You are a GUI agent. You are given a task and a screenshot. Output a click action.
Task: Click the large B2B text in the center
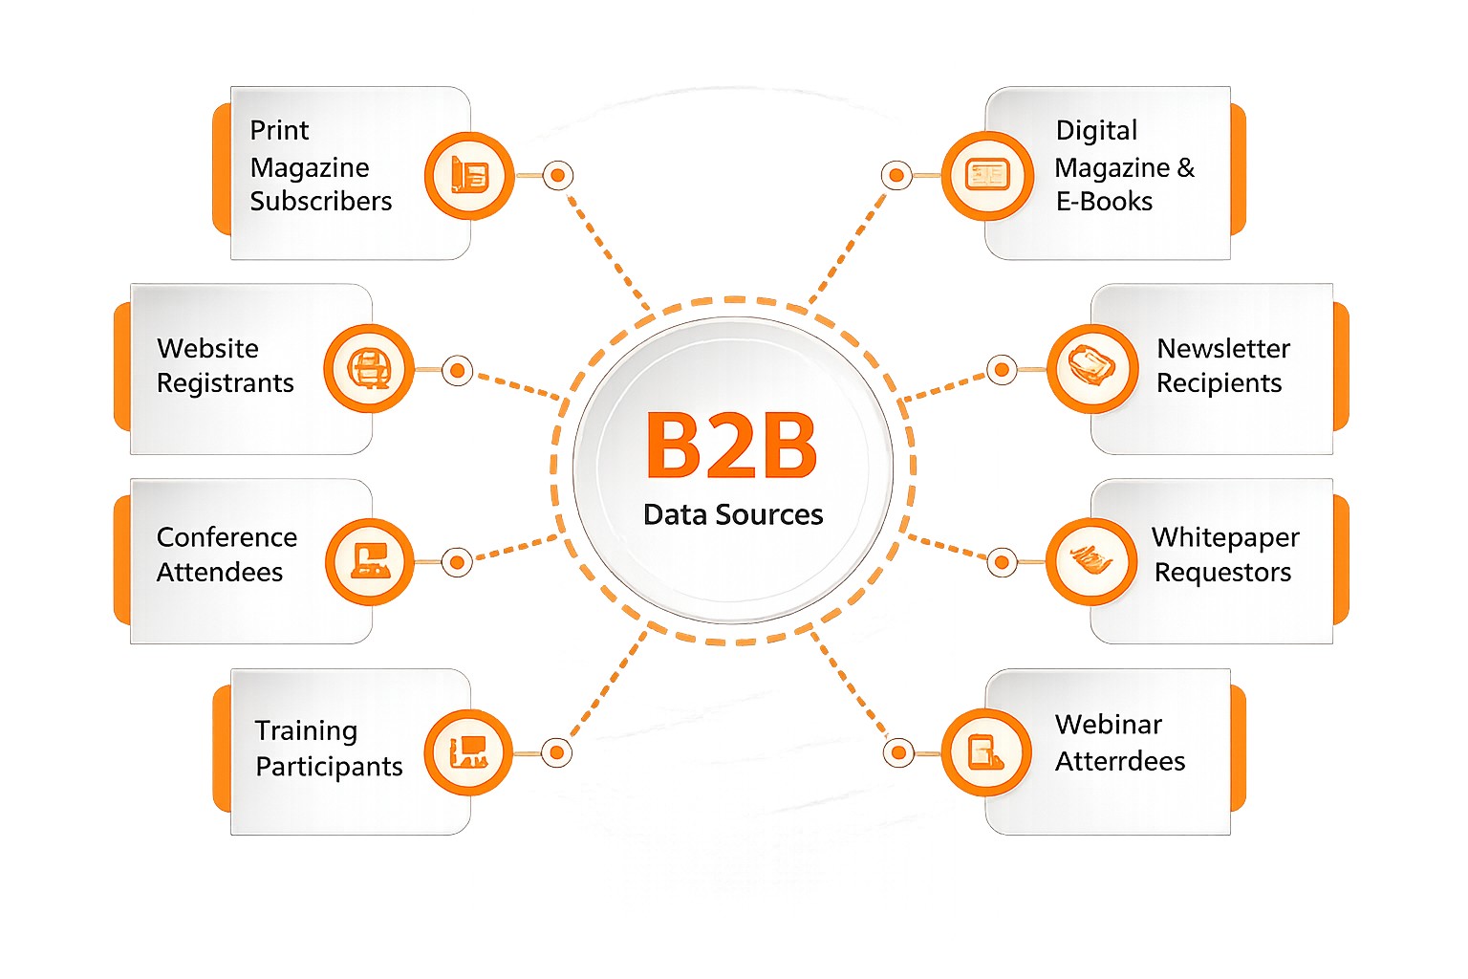(731, 446)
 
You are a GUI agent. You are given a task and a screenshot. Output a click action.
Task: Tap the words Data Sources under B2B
(733, 514)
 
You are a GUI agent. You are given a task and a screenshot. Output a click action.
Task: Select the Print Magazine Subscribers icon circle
(469, 176)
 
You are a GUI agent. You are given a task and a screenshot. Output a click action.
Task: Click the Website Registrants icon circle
(369, 369)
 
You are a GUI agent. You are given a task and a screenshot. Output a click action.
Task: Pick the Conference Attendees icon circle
(370, 561)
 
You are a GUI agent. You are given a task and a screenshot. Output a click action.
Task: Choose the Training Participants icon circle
(468, 752)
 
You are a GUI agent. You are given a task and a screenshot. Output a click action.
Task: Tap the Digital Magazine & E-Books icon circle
(986, 176)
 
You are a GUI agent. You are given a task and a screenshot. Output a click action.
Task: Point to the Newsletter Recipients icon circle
(1091, 369)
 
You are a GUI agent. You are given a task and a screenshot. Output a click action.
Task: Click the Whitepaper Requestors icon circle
(1091, 561)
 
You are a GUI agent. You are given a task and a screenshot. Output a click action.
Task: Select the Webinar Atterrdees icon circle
(986, 752)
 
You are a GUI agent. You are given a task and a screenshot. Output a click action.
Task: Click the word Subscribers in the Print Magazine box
(321, 201)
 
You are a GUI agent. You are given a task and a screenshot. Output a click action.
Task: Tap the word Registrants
(226, 382)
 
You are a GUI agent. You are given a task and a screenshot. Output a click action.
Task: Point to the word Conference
(227, 537)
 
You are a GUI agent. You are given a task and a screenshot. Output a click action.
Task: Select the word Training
(306, 730)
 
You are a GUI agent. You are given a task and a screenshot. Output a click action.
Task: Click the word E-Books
(1104, 201)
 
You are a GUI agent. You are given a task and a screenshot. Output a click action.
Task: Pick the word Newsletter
(1223, 348)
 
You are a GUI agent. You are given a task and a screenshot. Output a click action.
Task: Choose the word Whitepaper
(1225, 537)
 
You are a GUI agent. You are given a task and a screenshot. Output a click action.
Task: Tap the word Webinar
(1109, 725)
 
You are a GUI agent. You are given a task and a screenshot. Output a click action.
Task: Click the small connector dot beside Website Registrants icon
(458, 370)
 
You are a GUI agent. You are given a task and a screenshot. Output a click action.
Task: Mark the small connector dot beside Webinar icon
(897, 752)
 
